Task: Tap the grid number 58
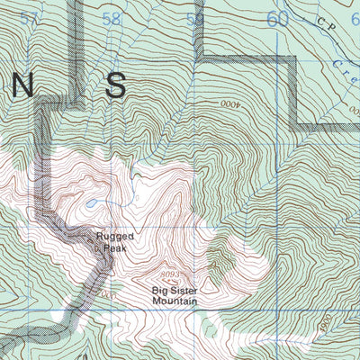[112, 19]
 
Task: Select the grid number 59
[194, 19]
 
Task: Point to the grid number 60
[277, 19]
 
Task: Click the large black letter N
[23, 85]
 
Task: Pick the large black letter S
[115, 85]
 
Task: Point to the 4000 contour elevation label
[230, 103]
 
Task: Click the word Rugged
[113, 238]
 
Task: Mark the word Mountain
[175, 301]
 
